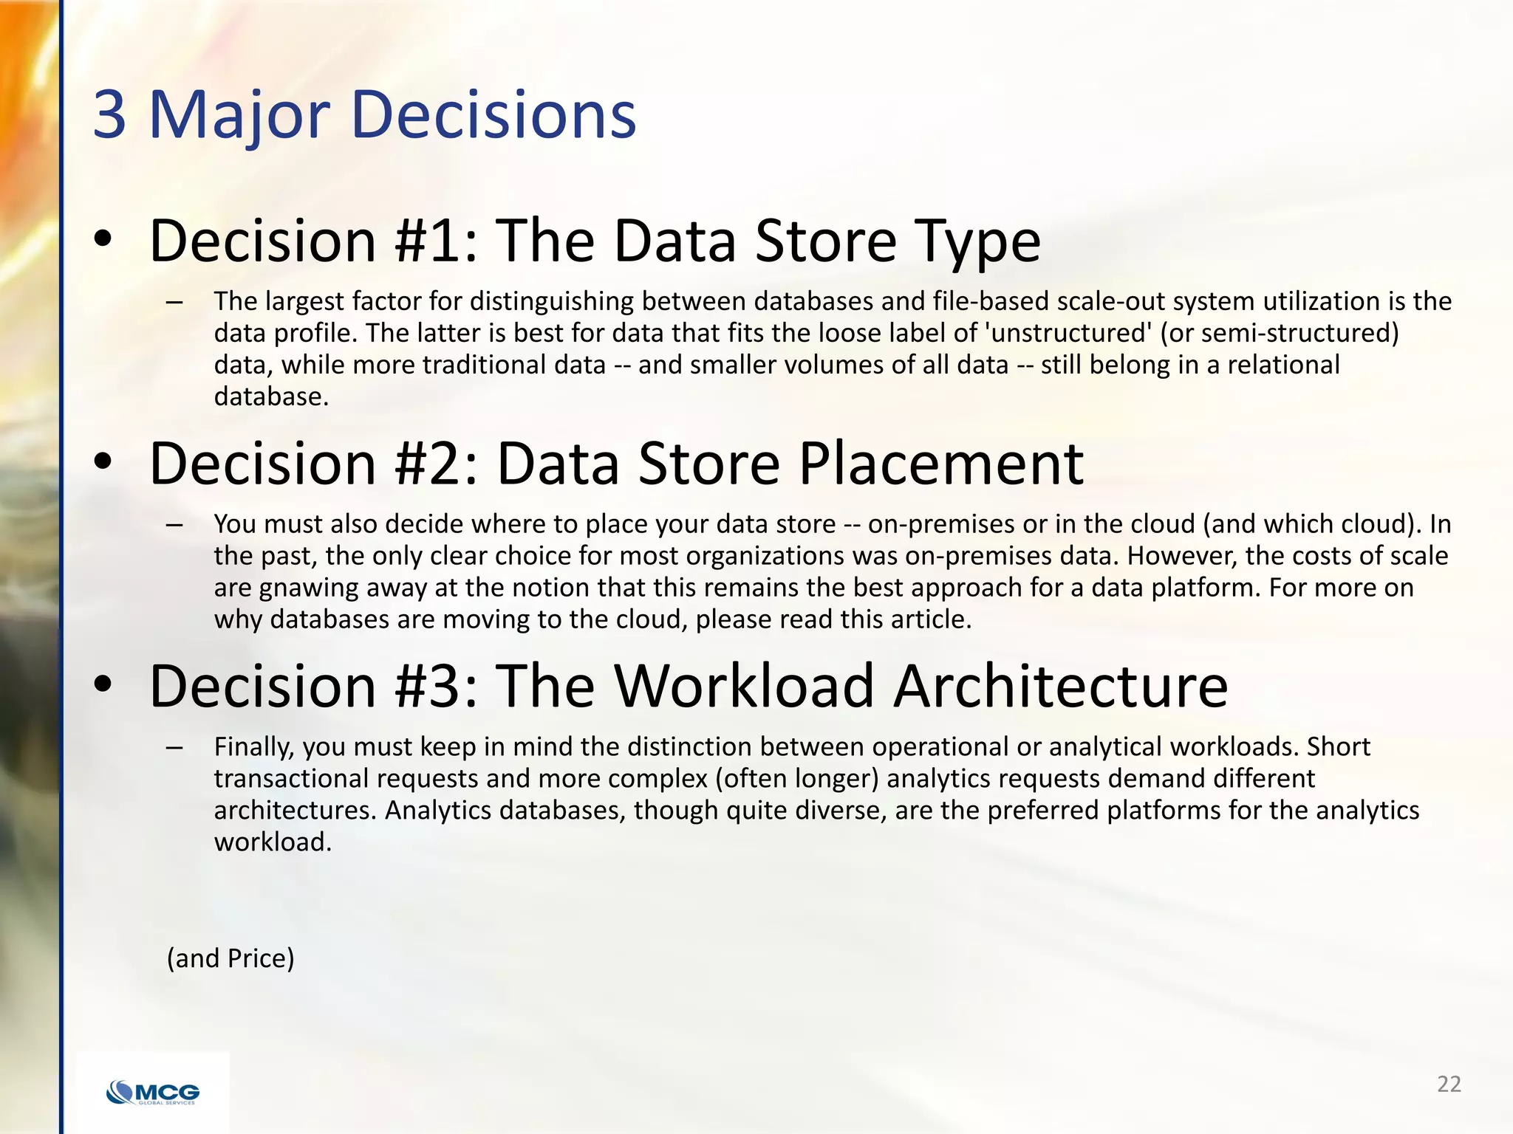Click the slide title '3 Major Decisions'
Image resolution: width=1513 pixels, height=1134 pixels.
point(364,114)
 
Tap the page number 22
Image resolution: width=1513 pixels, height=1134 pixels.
point(1449,1084)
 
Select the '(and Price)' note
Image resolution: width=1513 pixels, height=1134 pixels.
point(230,958)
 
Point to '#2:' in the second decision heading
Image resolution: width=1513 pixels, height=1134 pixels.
point(437,464)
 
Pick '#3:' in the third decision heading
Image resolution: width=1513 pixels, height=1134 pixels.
point(437,686)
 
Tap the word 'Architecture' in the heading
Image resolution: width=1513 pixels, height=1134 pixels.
point(1061,686)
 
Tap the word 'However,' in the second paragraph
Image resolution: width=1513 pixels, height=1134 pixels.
point(1182,555)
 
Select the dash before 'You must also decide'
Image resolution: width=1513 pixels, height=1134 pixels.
point(174,524)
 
